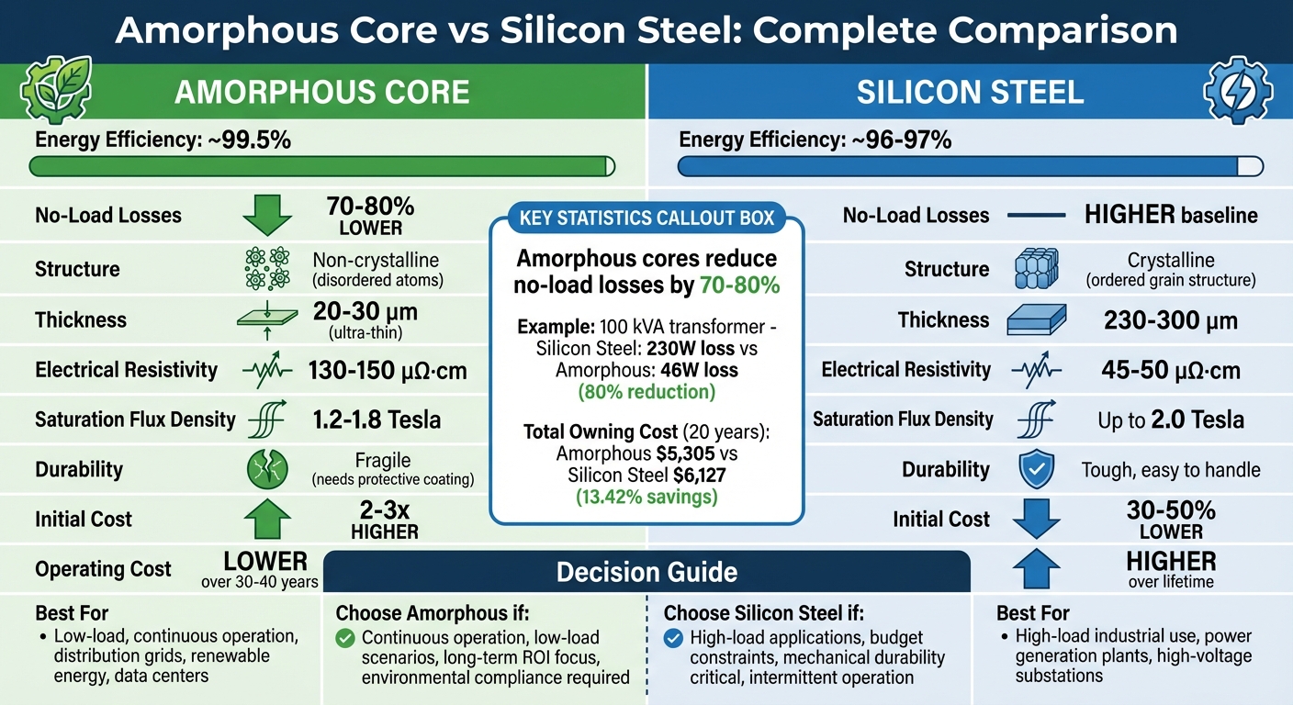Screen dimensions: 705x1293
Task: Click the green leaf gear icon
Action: [55, 92]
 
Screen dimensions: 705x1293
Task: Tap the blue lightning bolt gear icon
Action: [1236, 92]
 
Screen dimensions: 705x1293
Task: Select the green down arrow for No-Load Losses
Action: [267, 215]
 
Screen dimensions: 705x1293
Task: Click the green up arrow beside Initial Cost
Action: [267, 519]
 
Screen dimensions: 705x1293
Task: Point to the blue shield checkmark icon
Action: [1037, 470]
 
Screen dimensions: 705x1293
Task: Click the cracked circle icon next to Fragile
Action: [267, 470]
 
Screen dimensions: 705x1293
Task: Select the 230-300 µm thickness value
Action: [1171, 320]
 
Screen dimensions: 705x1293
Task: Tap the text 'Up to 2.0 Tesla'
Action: [1171, 420]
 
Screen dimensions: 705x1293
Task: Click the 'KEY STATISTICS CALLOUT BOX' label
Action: [646, 218]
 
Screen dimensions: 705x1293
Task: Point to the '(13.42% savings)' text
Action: [646, 498]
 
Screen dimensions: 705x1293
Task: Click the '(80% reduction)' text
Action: [646, 393]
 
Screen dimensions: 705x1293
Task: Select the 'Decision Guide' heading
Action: [646, 573]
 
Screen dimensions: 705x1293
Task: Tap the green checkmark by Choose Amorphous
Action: [345, 638]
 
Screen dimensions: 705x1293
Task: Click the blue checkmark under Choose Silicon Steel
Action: [673, 638]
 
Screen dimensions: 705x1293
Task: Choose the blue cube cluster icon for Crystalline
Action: [1037, 269]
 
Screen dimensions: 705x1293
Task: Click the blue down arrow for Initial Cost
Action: [1037, 519]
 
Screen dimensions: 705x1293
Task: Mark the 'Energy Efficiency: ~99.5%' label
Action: [163, 140]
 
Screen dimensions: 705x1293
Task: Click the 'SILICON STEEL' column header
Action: [970, 93]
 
